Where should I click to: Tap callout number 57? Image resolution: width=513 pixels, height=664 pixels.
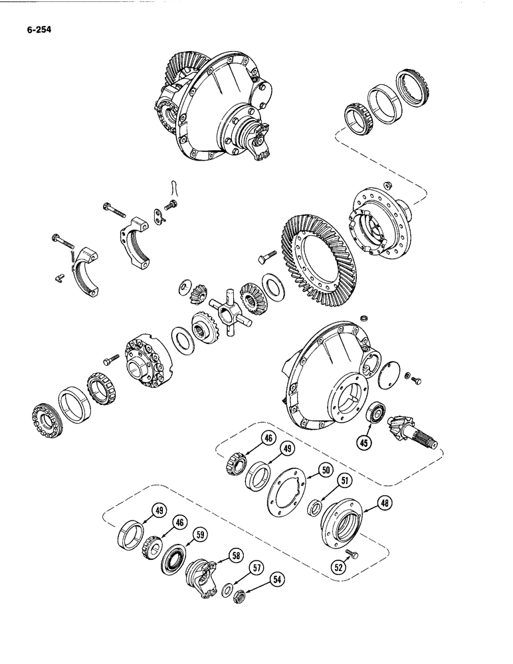click(255, 567)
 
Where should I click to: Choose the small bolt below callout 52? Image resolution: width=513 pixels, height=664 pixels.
click(352, 553)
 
